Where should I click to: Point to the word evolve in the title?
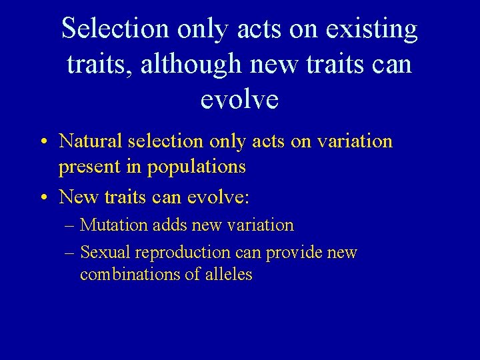click(x=239, y=99)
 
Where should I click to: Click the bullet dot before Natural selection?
click(x=43, y=143)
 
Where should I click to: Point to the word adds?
click(x=170, y=225)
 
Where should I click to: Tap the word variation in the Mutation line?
click(x=261, y=225)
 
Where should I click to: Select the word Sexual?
click(x=105, y=253)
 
